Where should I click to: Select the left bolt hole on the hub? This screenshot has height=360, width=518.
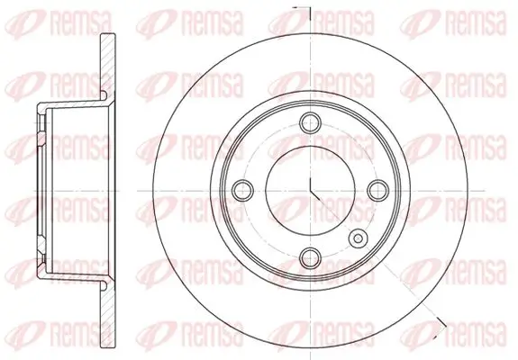pyautogui.click(x=242, y=189)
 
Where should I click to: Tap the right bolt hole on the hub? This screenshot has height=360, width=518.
pyautogui.click(x=378, y=189)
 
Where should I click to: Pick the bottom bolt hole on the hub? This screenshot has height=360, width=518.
pyautogui.click(x=311, y=256)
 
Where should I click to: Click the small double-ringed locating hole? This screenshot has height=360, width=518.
pyautogui.click(x=359, y=238)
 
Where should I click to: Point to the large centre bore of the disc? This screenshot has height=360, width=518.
pyautogui.click(x=311, y=189)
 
